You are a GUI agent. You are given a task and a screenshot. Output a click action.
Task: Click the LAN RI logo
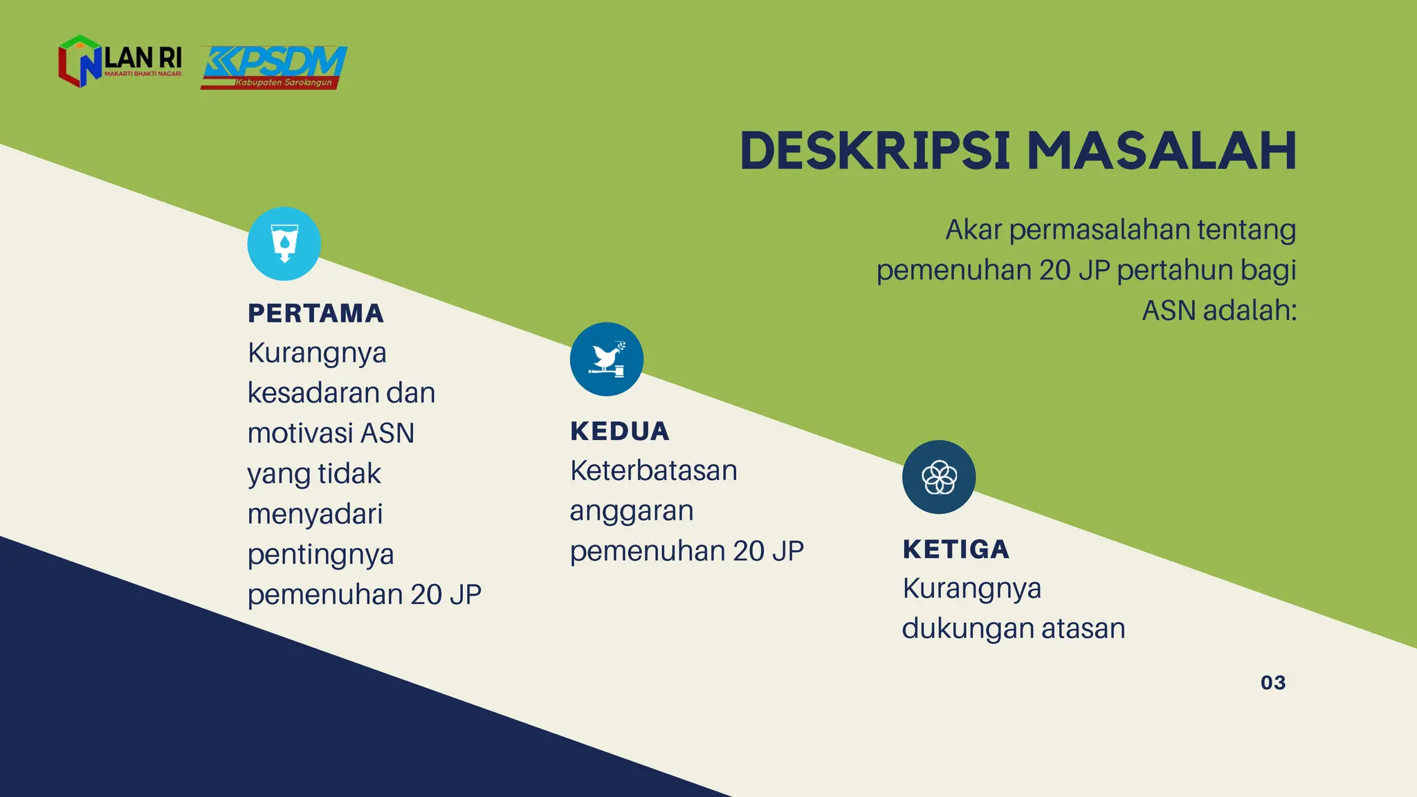[x=120, y=61]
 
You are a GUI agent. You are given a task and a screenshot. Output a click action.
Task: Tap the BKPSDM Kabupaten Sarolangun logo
[x=274, y=67]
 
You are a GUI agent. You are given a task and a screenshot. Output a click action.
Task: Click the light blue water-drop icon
[x=284, y=244]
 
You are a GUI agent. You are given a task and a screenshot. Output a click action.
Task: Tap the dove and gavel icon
[x=607, y=359]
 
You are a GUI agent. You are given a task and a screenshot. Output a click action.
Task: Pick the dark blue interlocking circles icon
[x=939, y=477]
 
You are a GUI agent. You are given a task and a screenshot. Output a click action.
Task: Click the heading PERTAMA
[x=316, y=313]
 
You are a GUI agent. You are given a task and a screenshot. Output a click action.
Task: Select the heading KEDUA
[x=620, y=431]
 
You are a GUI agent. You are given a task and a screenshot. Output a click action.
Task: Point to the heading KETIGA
[x=956, y=549]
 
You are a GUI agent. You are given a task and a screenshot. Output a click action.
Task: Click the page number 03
[x=1273, y=683]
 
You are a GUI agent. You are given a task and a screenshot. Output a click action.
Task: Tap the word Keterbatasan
[x=654, y=471]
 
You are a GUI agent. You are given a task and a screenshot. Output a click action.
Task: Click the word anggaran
[x=632, y=512]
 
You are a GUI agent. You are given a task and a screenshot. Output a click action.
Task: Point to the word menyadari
[x=316, y=515]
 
